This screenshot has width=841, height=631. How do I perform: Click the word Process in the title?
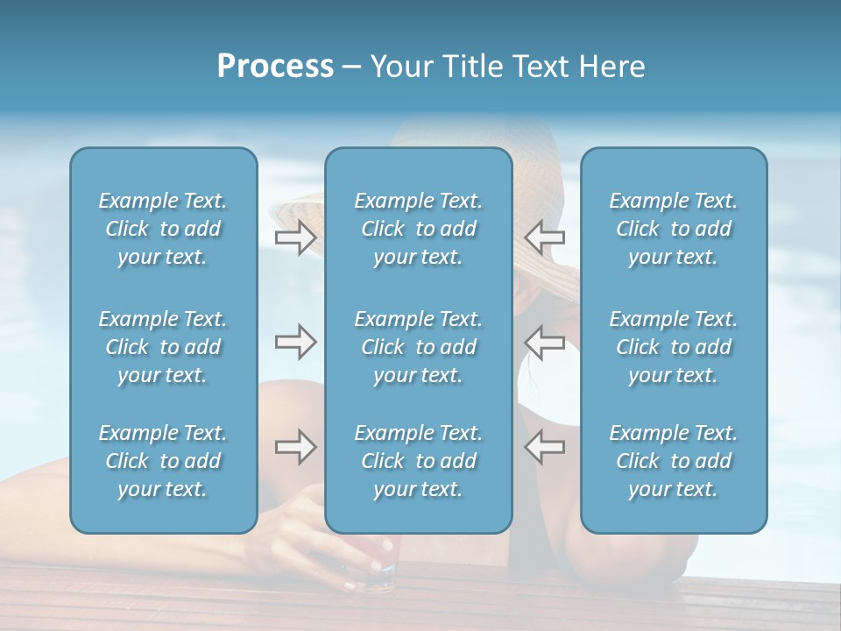275,67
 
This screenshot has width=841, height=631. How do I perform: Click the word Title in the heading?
475,67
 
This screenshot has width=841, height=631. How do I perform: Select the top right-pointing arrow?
295,238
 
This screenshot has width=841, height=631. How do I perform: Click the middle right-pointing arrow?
295,342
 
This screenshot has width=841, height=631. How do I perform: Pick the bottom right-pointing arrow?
295,447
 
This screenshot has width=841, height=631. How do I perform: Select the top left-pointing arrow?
545,238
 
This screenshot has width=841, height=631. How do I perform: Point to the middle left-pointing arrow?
545,342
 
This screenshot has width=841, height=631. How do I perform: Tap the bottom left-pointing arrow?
545,447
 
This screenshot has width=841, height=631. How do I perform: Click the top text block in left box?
163,229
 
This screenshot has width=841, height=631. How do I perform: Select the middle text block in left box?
163,347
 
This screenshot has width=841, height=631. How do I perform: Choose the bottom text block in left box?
163,461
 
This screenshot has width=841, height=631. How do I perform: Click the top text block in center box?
418,229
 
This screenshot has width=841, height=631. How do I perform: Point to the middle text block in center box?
418,347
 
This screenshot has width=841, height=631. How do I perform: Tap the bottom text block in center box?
418,461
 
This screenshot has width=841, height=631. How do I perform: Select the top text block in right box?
673,229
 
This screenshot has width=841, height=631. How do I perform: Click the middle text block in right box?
673,347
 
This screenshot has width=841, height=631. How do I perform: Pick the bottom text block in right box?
673,461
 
